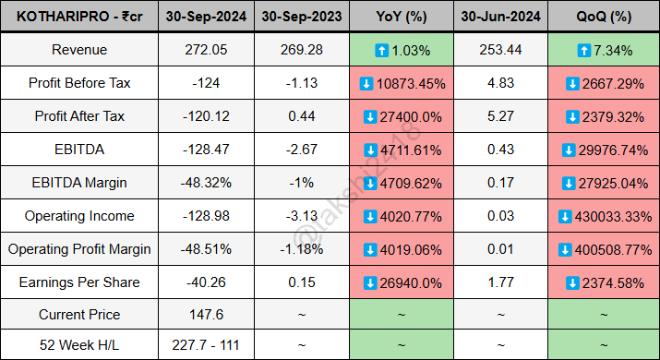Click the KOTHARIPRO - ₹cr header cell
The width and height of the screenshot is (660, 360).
[x=79, y=18]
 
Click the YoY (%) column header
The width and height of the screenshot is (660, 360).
[x=402, y=18]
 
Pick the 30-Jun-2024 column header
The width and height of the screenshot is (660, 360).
[x=500, y=18]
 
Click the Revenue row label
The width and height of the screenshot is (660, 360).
[x=79, y=50]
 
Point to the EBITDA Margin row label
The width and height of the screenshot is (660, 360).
[x=79, y=183]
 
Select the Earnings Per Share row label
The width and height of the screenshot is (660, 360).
[x=79, y=282]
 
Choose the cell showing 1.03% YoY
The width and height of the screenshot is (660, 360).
[x=402, y=50]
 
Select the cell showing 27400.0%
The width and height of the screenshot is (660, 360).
[x=402, y=116]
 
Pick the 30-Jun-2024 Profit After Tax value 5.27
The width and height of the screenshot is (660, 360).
[x=500, y=116]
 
